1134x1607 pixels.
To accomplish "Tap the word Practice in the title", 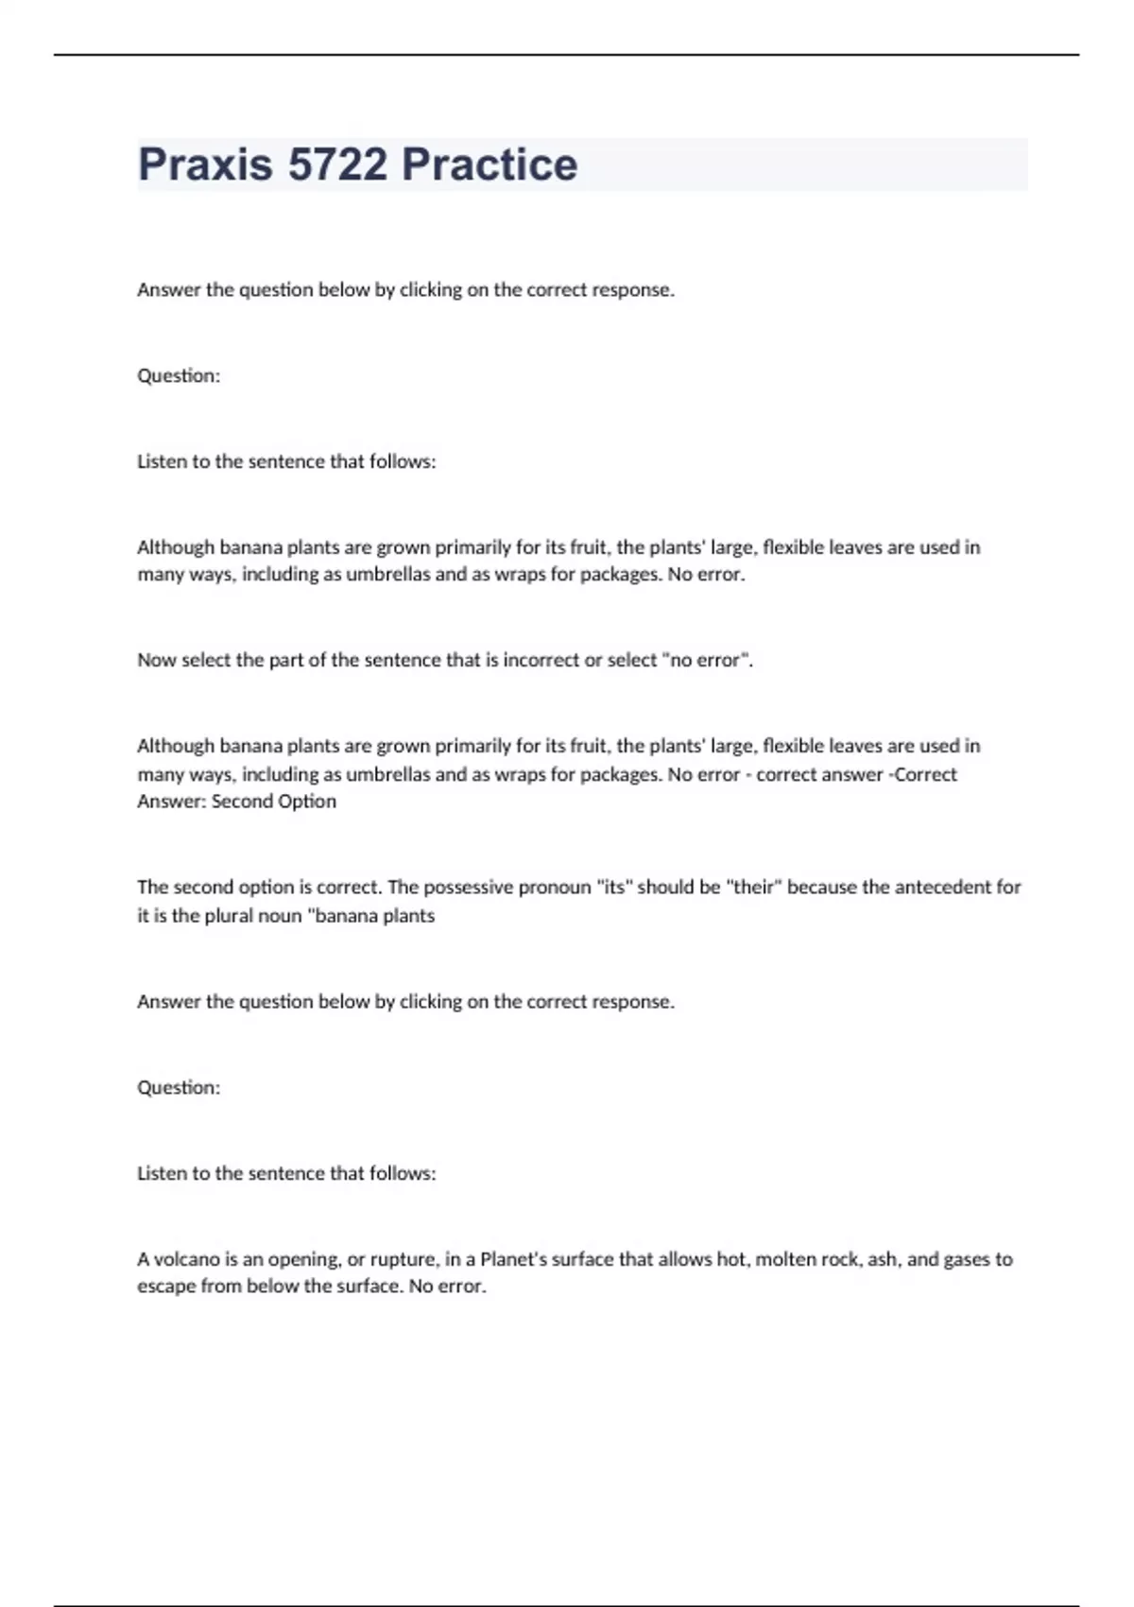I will [x=489, y=164].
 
